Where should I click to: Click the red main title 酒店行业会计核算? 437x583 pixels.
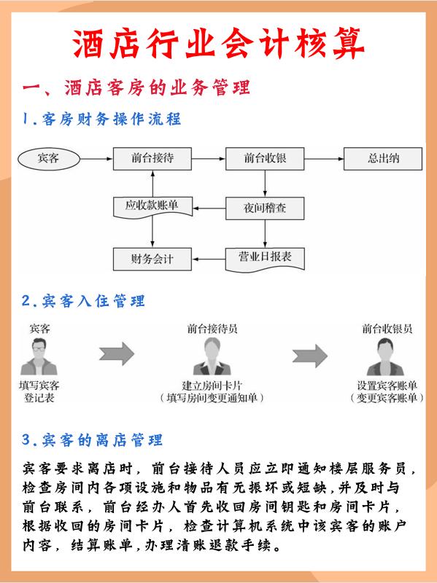point(218,43)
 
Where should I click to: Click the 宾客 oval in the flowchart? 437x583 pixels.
point(49,159)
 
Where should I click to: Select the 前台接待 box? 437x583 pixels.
point(152,159)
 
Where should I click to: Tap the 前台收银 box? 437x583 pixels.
point(265,159)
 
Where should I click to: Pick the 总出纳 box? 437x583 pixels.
point(383,159)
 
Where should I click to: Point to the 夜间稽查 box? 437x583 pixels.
point(265,208)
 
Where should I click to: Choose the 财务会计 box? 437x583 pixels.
point(152,259)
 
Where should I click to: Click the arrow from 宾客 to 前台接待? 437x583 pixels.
point(96,159)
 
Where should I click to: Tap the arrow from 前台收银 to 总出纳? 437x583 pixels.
point(324,159)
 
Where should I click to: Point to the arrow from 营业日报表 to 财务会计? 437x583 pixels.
point(209,259)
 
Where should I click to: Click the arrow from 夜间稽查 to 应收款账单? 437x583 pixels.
point(209,208)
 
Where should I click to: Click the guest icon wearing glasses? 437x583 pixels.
point(39,356)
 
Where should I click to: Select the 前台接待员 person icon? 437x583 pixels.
point(212,356)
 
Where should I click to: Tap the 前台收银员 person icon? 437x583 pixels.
point(385,356)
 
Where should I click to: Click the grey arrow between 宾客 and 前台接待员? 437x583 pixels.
point(117,354)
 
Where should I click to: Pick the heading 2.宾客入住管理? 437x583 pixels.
point(83,301)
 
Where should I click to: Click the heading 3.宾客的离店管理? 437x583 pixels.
point(92,440)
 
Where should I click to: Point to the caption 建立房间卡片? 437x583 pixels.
point(212,386)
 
